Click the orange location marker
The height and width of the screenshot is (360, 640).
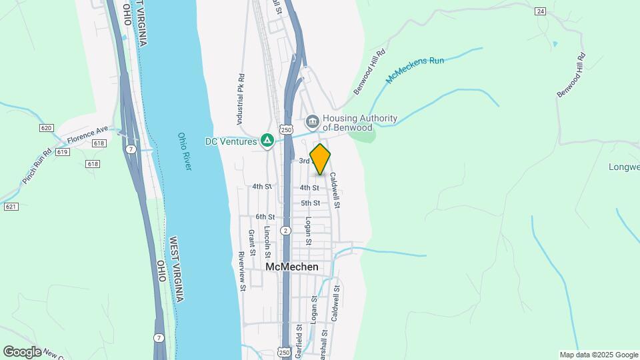(320, 159)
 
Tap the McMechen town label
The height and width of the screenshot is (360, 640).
(291, 267)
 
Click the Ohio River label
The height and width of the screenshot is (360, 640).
(185, 151)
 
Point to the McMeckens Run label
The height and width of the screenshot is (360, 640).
(414, 70)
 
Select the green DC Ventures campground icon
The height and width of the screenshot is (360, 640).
(267, 141)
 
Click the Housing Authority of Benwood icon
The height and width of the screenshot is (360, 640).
(312, 122)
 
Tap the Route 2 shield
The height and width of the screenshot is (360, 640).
(285, 231)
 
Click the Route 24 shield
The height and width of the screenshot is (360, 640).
(540, 11)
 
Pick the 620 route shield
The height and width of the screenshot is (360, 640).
(46, 128)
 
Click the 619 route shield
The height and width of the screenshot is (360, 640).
(63, 152)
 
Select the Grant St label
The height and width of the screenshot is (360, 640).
(252, 243)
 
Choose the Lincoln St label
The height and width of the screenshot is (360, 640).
(267, 242)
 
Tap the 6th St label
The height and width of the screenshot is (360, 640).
(265, 217)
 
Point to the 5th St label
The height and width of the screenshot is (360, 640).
(311, 203)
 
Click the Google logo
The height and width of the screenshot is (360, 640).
(22, 351)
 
